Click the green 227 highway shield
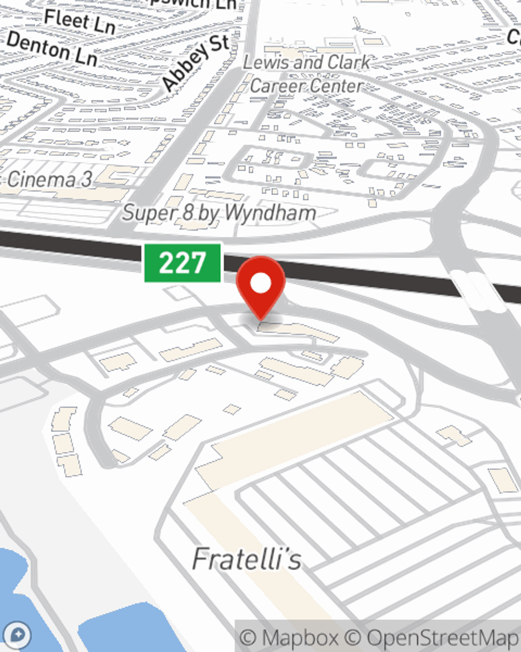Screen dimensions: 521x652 pyautogui.click(x=183, y=262)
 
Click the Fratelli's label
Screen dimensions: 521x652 pyautogui.click(x=246, y=559)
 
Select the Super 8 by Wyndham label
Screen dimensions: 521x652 pyautogui.click(x=219, y=213)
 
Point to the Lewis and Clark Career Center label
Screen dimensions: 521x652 pyautogui.click(x=306, y=74)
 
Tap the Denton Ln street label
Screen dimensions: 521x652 pyautogui.click(x=52, y=49)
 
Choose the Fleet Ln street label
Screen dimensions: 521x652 pyautogui.click(x=79, y=21)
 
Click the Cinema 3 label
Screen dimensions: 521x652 pyautogui.click(x=49, y=180)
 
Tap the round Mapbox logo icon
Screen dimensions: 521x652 pyautogui.click(x=18, y=635)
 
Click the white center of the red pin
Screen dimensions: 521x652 pyautogui.click(x=260, y=283)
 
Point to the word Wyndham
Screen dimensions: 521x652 pyautogui.click(x=271, y=213)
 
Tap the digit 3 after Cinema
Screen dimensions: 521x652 pyautogui.click(x=86, y=180)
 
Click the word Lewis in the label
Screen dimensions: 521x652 pyautogui.click(x=266, y=63)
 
